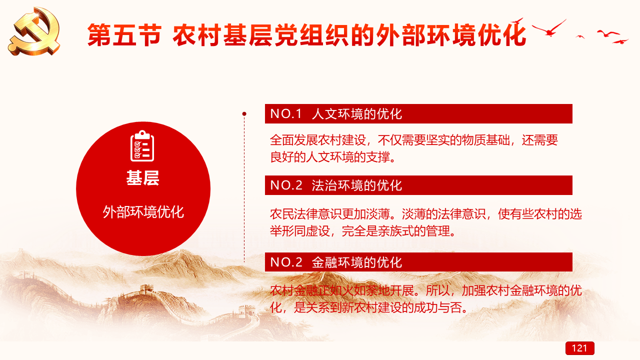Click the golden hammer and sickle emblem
(x=34, y=31)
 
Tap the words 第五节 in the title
(x=124, y=35)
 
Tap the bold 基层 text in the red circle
(x=143, y=178)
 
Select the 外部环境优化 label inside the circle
(x=143, y=212)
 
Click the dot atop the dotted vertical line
(x=244, y=114)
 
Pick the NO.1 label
(x=286, y=113)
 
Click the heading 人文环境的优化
(x=357, y=113)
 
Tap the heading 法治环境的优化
(x=357, y=185)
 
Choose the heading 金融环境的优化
(x=357, y=262)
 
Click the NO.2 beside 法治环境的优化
(x=286, y=185)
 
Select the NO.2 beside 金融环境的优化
(x=286, y=262)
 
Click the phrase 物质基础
(x=486, y=140)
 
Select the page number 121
(x=579, y=348)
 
